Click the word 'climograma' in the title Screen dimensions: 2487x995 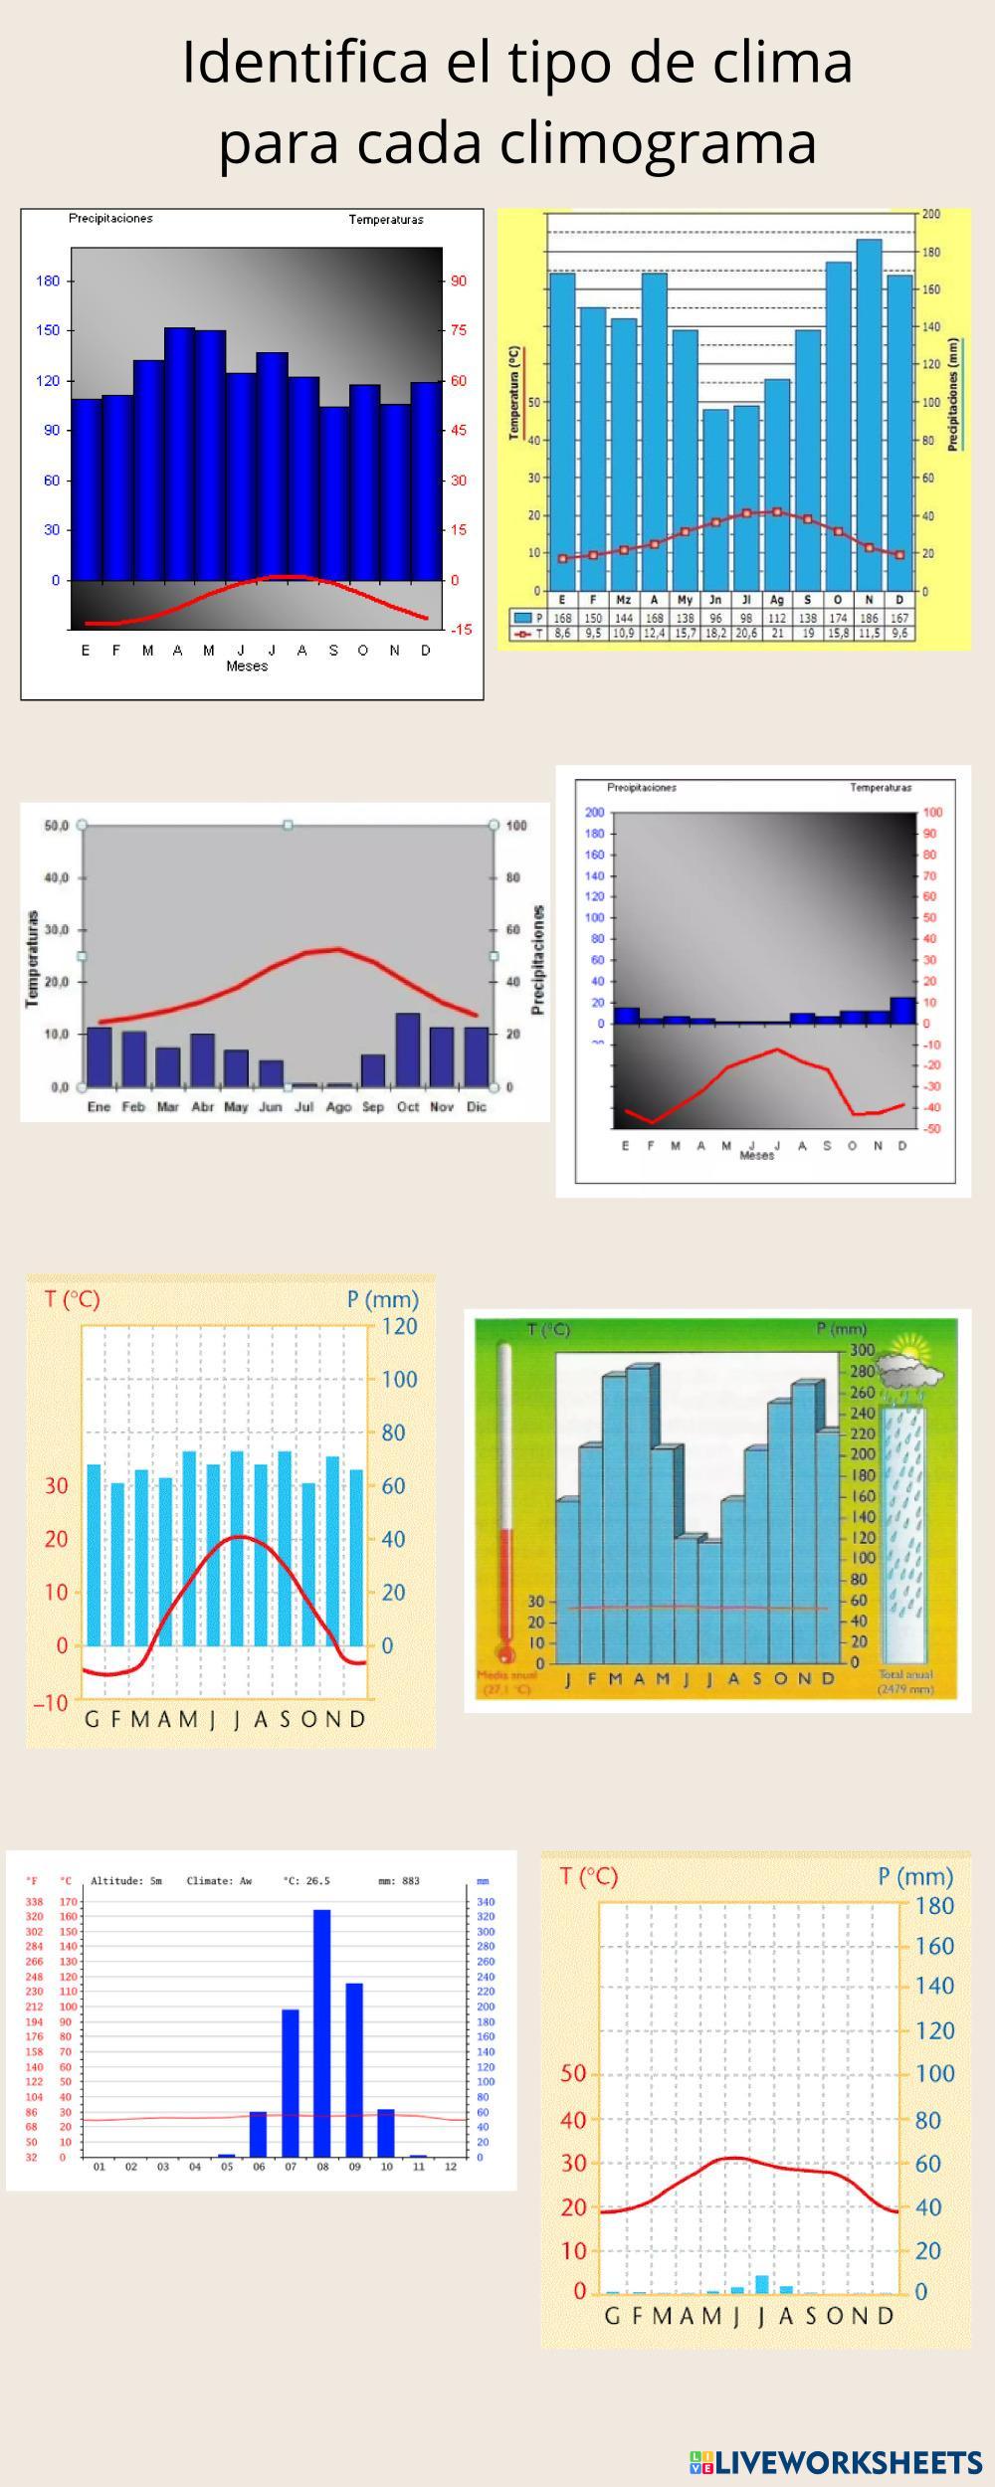point(658,142)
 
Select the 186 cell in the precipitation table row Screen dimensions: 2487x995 point(869,618)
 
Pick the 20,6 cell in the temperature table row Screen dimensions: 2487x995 point(746,633)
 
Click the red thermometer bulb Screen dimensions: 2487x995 point(505,1654)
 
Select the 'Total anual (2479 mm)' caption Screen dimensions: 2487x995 point(905,1682)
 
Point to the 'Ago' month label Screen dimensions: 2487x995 point(338,1107)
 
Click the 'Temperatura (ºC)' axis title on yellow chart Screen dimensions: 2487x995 point(514,393)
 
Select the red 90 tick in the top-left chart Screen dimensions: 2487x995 point(459,281)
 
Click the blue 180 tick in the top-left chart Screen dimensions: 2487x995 point(48,281)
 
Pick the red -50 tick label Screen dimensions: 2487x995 point(932,1129)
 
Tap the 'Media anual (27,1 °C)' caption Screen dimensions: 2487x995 point(506,1682)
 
